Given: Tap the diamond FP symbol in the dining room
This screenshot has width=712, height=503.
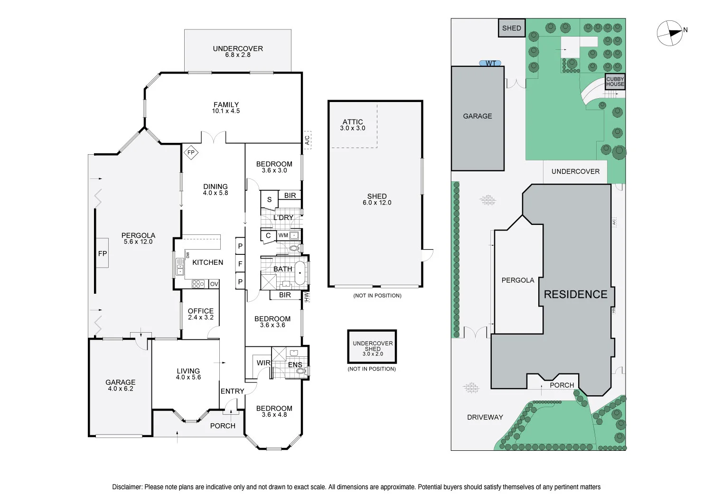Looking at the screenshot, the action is point(191,152).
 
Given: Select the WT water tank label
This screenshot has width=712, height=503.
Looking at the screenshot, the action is point(490,63).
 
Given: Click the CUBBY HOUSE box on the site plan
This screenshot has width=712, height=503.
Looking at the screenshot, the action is point(615,82).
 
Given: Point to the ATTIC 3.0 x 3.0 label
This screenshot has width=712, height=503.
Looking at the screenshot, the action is point(353,125).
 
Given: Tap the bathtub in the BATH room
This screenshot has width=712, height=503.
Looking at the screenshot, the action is point(300,273).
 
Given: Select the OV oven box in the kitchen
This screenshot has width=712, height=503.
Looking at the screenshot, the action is point(214,284).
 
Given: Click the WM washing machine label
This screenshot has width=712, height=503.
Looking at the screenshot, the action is point(283,235).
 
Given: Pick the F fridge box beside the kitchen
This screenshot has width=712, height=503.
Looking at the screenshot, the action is point(240,264).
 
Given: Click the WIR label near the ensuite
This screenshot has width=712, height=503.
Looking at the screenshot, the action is point(263,363).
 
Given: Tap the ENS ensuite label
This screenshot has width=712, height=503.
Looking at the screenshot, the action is point(295,365).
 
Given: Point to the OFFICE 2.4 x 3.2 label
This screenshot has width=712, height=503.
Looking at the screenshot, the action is point(201,314).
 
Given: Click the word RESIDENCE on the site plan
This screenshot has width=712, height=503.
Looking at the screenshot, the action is point(575,294).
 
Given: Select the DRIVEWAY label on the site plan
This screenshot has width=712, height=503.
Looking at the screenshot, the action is point(485,417).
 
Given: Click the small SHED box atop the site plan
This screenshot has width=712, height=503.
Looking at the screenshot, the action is point(511,28).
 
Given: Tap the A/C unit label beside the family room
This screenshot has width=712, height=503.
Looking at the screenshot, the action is point(307,140).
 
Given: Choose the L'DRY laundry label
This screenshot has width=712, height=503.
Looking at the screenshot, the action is point(283,217).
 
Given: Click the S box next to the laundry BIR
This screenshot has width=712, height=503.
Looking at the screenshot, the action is point(269,199).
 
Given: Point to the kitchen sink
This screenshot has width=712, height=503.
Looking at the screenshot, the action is point(180,267).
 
